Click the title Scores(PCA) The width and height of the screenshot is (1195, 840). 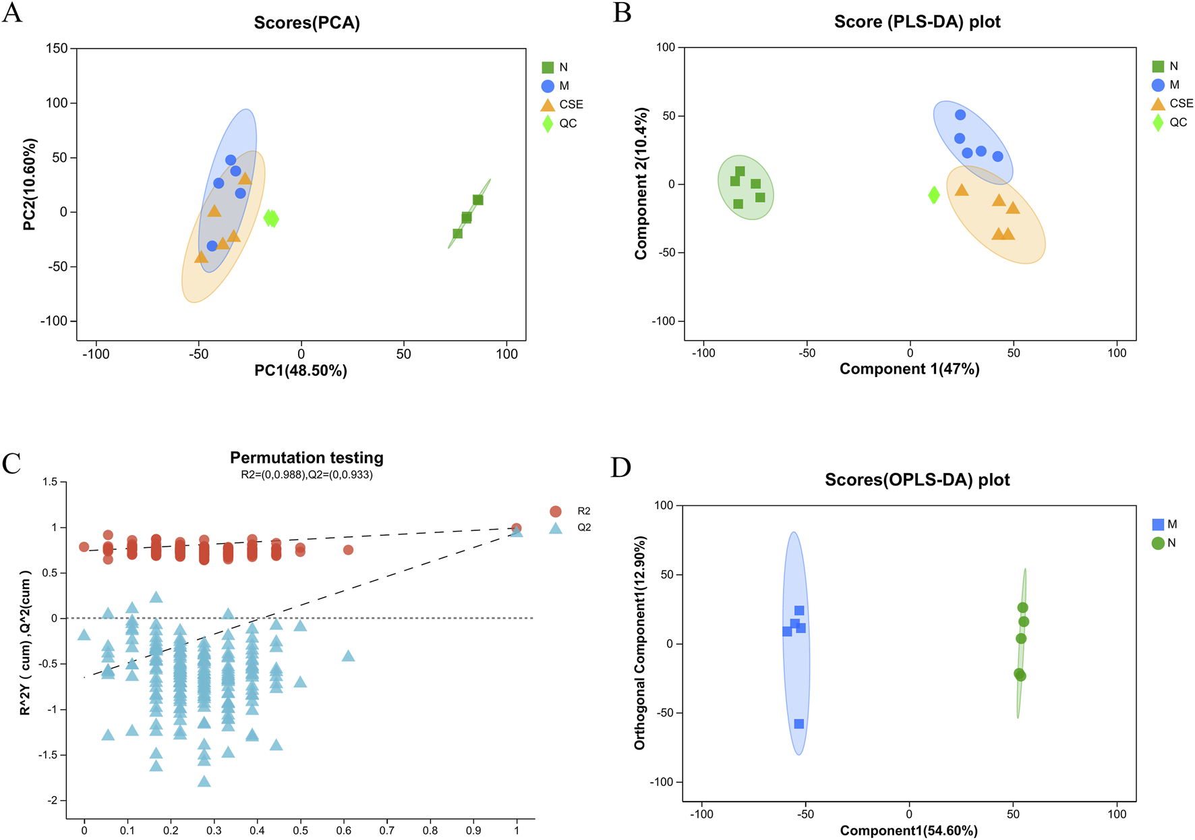pos(307,23)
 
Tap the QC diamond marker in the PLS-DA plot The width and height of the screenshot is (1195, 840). pos(934,195)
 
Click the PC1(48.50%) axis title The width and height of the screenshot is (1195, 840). pos(301,370)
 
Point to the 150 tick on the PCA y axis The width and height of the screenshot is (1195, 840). pos(57,49)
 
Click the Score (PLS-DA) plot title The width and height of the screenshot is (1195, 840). pos(917,22)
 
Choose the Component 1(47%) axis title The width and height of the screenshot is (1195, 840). pos(909,369)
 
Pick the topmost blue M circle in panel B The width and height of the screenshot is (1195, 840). pos(960,115)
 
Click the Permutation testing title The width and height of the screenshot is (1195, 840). pos(307,457)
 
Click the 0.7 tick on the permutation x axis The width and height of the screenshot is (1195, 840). pos(387,831)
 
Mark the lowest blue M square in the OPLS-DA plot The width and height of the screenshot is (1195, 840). pos(799,724)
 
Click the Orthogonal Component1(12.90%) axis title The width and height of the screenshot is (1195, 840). pos(640,643)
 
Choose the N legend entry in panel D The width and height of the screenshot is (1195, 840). pos(1164,543)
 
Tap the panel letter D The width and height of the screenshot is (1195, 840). pos(620,467)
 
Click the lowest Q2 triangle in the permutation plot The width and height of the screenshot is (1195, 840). pos(204,781)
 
